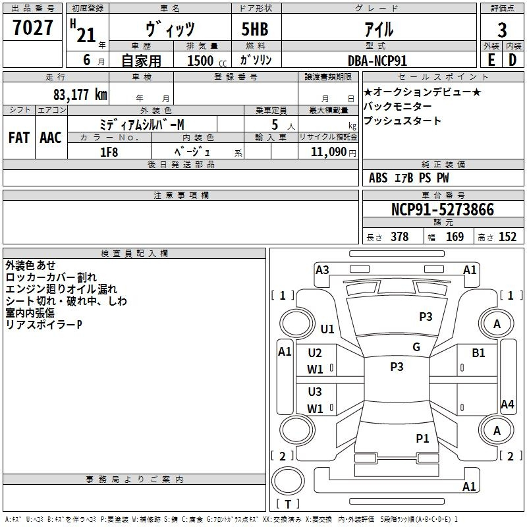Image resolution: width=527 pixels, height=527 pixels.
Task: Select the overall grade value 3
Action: click(x=502, y=30)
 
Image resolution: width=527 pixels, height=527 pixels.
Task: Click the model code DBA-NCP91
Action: click(x=377, y=60)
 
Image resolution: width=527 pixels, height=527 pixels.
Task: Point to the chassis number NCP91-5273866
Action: click(x=443, y=210)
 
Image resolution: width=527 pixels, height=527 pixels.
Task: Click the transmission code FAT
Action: click(x=19, y=138)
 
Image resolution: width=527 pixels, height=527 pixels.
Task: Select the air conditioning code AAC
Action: click(x=50, y=138)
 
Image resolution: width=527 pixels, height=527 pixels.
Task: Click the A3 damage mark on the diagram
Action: click(x=322, y=269)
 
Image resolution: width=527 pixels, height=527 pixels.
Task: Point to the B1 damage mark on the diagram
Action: click(x=478, y=353)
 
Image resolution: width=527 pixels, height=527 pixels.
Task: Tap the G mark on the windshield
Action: click(x=416, y=347)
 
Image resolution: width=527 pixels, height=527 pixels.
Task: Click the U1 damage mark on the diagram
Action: click(x=327, y=329)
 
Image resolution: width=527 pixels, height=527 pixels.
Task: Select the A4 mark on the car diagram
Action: click(x=507, y=404)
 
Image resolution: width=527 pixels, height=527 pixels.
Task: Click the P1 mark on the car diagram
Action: click(x=422, y=437)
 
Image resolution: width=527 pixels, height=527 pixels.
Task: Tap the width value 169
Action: click(x=455, y=237)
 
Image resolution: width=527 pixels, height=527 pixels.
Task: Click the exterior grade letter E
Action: click(x=491, y=60)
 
